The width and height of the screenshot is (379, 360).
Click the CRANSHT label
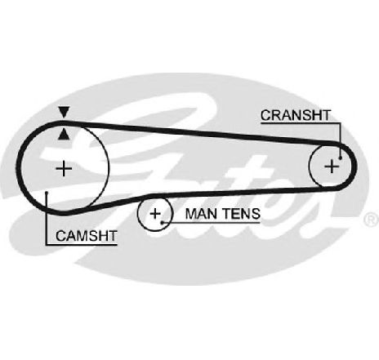pyautogui.click(x=296, y=115)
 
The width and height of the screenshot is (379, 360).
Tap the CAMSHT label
pyautogui.click(x=87, y=236)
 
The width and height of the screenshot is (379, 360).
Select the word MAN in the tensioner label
pyautogui.click(x=200, y=214)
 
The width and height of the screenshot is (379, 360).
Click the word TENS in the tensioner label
pyautogui.click(x=240, y=214)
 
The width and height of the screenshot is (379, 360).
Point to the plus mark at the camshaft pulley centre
pyautogui.click(x=64, y=169)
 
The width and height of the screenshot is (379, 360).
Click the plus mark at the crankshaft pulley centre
pyautogui.click(x=332, y=166)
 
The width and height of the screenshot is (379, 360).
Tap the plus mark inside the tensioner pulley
pyautogui.click(x=155, y=214)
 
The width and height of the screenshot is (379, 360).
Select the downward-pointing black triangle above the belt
pyautogui.click(x=65, y=113)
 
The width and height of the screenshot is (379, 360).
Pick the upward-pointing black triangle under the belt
pyautogui.click(x=65, y=135)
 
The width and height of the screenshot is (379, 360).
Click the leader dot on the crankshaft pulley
pyautogui.click(x=341, y=158)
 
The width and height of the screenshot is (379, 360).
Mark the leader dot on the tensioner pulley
pyautogui.click(x=162, y=222)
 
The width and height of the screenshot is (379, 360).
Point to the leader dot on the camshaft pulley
pyautogui.click(x=47, y=193)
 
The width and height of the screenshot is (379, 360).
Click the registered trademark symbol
pyautogui.click(x=371, y=220)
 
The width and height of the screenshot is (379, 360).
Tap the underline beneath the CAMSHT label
pyautogui.click(x=82, y=245)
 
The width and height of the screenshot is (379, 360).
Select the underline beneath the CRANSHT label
pyautogui.click(x=301, y=123)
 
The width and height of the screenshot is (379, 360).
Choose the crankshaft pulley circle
pyautogui.click(x=309, y=166)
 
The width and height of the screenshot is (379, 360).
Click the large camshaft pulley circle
pyautogui.click(x=109, y=169)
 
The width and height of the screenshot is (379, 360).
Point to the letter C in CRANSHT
pyautogui.click(x=265, y=115)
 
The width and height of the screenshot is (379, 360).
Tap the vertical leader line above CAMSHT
pyautogui.click(x=47, y=219)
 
